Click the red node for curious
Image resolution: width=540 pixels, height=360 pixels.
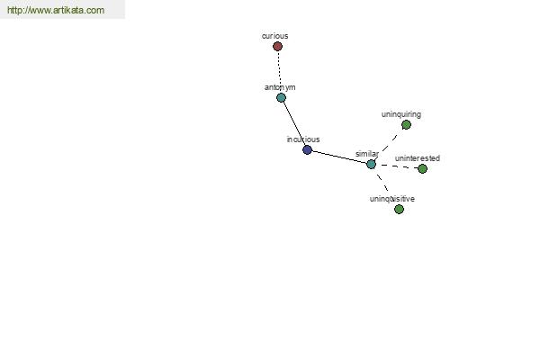[x=277, y=46]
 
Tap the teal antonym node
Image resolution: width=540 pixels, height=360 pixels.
[x=281, y=98]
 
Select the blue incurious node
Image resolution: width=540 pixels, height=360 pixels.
[x=307, y=150]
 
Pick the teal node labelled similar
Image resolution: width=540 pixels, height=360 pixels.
[x=371, y=165]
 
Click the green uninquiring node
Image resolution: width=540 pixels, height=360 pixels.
[x=407, y=125]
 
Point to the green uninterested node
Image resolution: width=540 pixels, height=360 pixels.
[x=423, y=169]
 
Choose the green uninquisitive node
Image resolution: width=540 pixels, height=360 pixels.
[x=399, y=209]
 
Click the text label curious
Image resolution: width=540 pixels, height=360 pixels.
[x=274, y=36]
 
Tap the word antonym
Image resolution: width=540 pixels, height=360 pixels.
[x=280, y=87]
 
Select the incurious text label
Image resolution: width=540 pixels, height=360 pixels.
[x=303, y=139]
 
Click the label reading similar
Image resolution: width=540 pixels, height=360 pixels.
[x=367, y=154]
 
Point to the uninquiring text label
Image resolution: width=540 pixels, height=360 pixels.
[x=400, y=114]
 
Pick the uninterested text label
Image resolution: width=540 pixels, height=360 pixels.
[x=418, y=158]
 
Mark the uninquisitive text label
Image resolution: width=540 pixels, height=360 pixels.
[x=391, y=199]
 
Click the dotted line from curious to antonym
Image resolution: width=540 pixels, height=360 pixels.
[x=279, y=72]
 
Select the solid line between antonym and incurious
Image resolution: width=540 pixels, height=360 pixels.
[x=294, y=124]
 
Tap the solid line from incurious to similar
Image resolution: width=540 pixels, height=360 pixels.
[x=339, y=157]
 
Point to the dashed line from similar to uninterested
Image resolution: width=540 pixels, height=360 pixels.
[x=397, y=166]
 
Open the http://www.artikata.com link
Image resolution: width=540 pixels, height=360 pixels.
[x=56, y=10]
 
